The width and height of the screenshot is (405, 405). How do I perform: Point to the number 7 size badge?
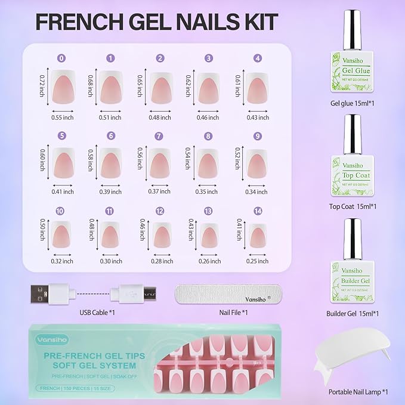159,136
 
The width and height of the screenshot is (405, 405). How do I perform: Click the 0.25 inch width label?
257,261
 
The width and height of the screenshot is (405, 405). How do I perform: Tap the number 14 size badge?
257,211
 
